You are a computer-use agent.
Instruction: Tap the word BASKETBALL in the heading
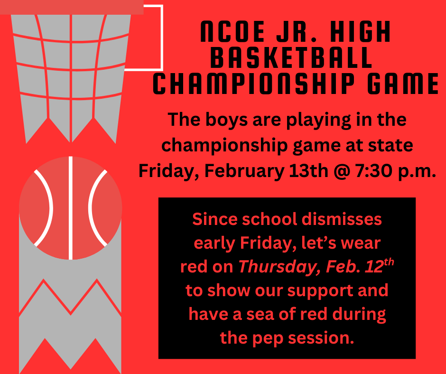pos(291,58)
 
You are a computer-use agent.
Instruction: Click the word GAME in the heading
pos(401,84)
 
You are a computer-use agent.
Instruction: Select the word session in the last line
pos(321,338)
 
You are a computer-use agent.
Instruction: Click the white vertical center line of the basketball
pos(71,208)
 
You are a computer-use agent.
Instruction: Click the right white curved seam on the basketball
pos(95,208)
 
